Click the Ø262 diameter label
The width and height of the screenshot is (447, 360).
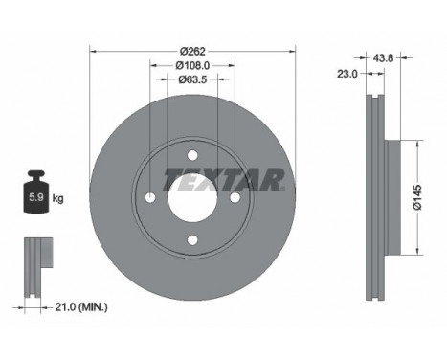[x=192, y=51]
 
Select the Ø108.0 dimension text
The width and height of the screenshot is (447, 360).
[x=192, y=66]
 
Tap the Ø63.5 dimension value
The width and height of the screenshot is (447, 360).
[x=192, y=79]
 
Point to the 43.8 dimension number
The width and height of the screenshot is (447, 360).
[x=383, y=58]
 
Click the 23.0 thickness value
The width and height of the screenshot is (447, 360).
[x=347, y=74]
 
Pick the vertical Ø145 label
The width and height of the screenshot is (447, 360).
[x=417, y=197]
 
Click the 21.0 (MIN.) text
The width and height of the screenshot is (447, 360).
[x=81, y=307]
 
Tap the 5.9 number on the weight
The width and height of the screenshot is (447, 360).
[x=36, y=197]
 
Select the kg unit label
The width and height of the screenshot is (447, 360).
[x=57, y=198]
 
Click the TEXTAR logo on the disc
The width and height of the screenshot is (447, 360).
[x=224, y=179]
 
